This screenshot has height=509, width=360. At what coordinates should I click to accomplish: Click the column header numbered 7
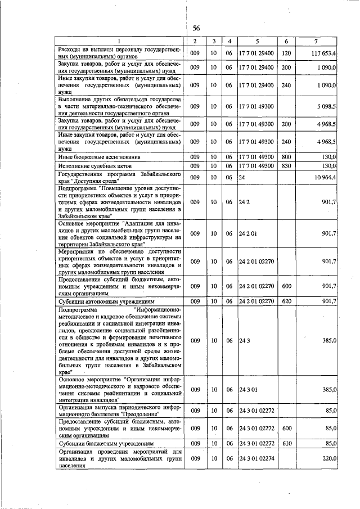coord(317,42)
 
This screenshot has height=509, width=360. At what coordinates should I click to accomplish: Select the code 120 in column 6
coord(286,53)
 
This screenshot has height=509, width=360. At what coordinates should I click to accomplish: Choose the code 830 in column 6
coord(286,166)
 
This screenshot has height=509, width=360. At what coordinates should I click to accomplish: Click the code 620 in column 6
coord(286,301)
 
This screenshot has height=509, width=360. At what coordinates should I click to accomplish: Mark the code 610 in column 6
coord(286,444)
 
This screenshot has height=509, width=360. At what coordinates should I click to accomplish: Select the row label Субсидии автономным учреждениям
coord(102,301)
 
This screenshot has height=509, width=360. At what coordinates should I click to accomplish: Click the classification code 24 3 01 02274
coord(256,459)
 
